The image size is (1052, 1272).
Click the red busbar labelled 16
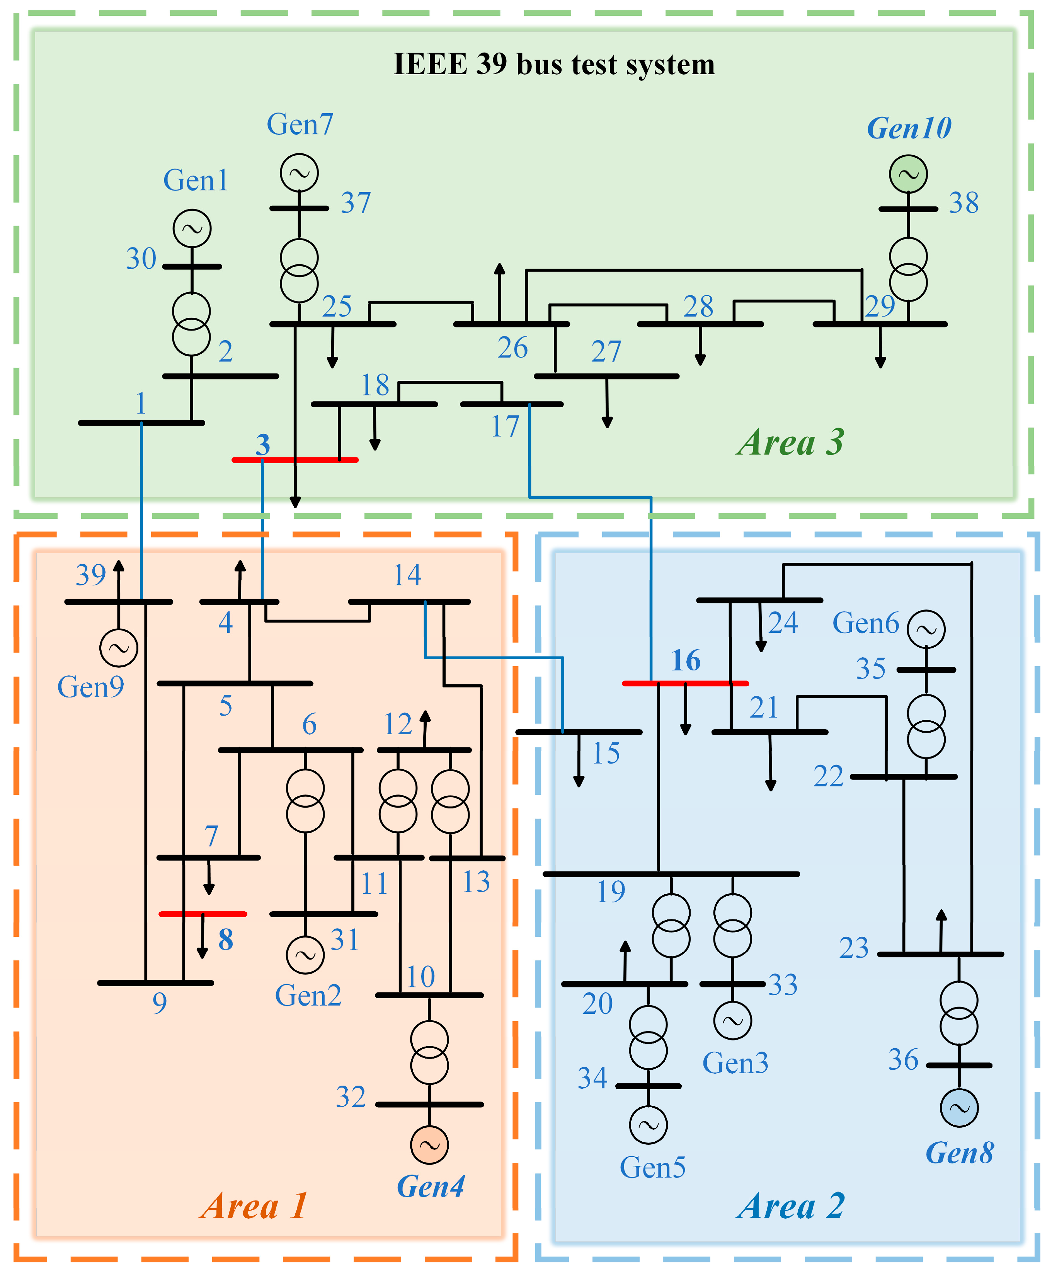pos(684,683)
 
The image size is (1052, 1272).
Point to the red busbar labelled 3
pos(294,460)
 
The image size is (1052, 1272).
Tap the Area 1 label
pos(254,1206)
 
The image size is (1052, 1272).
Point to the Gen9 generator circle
pos(118,648)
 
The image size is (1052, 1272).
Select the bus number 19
pos(611,892)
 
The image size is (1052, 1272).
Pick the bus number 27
pos(606,352)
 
